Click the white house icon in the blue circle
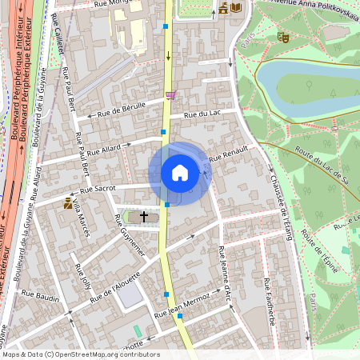pos(180,173)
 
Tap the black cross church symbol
pos(144,216)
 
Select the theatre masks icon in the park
pos(282,36)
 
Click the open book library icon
pos(236,8)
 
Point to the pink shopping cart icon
pos(170,95)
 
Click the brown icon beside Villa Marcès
pos(68,204)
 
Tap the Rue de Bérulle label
pos(120,110)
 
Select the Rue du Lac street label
pos(202,114)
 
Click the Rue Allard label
pos(103,149)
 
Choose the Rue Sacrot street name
pos(98,189)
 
